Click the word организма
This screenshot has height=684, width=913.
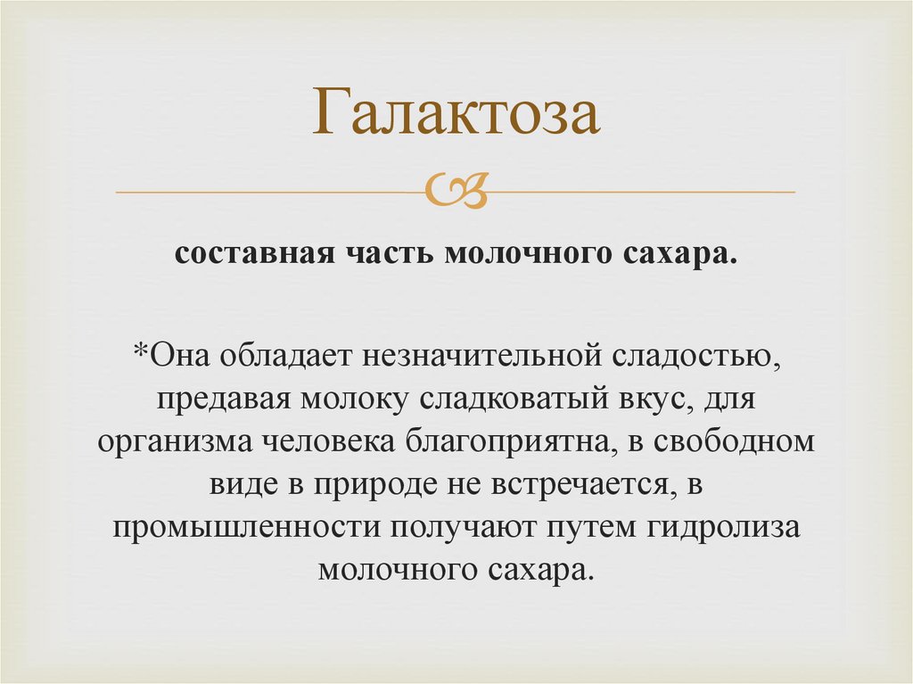pos(173,443)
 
